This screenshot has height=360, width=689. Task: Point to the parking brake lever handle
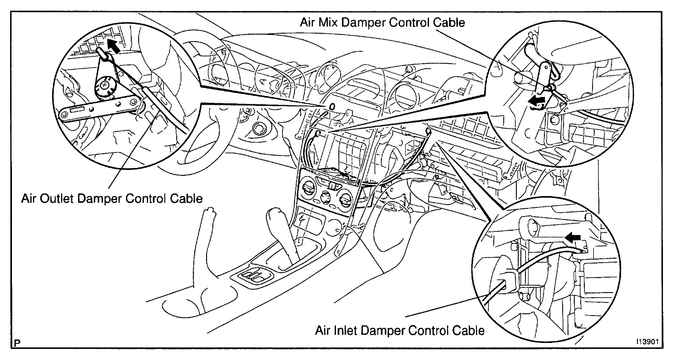209,212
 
